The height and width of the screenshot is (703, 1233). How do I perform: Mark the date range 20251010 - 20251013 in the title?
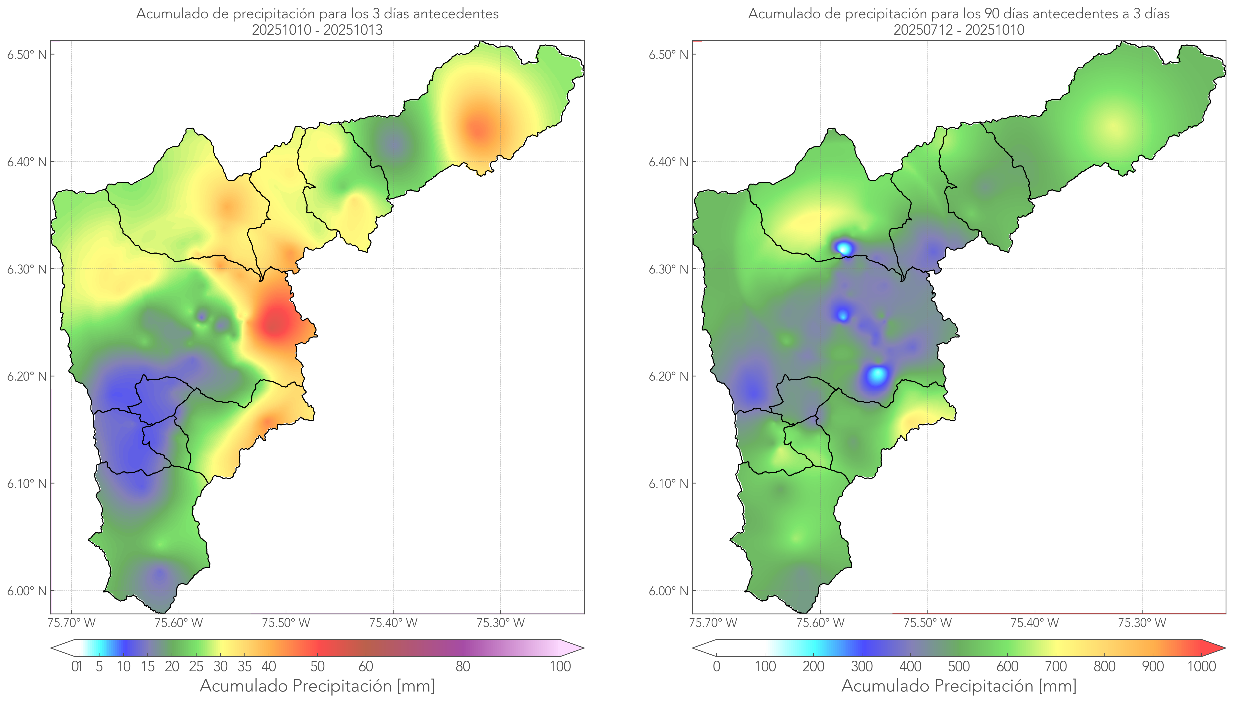pyautogui.click(x=317, y=30)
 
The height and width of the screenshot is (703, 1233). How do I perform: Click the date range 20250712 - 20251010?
pyautogui.click(x=959, y=30)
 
